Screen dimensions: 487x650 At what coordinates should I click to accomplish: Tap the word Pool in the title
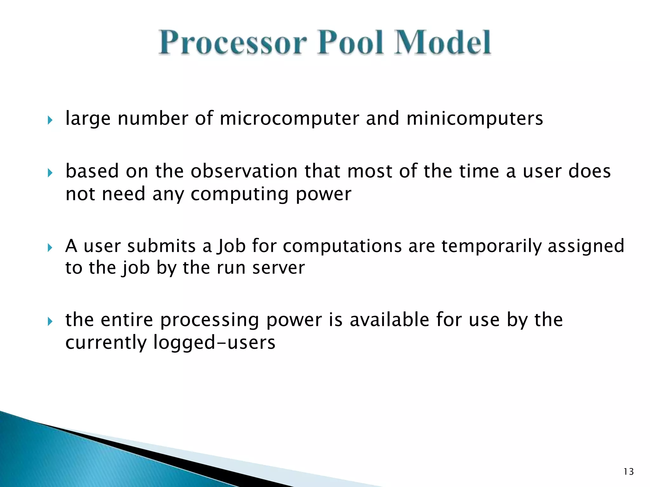click(351, 43)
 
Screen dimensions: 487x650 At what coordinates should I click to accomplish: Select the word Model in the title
click(443, 43)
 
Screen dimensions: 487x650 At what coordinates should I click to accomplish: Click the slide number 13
click(628, 472)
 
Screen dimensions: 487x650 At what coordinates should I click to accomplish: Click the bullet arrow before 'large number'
click(50, 120)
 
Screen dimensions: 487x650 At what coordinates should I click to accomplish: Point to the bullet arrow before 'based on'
click(50, 173)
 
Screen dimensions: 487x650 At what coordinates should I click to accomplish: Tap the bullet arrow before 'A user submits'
click(50, 248)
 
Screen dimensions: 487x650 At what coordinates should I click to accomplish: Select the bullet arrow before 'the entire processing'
click(50, 322)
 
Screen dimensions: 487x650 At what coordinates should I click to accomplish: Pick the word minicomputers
click(474, 119)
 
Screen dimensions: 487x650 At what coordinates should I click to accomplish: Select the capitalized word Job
click(231, 246)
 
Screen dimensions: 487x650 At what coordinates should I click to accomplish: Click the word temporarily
click(491, 246)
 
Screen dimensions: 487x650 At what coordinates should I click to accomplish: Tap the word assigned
click(586, 246)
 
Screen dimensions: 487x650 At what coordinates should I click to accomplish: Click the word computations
click(342, 246)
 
